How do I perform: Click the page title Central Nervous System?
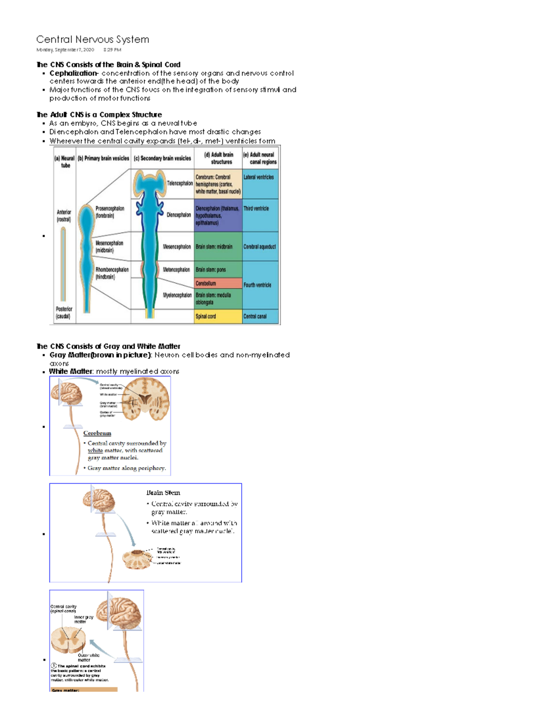click(x=93, y=40)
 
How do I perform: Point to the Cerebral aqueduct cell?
click(x=259, y=247)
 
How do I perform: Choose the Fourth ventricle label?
click(x=257, y=285)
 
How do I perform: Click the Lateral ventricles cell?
click(x=259, y=177)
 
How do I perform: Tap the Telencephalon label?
click(x=180, y=183)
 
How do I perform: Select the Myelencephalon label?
click(x=177, y=295)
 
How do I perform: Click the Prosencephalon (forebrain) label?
click(x=110, y=212)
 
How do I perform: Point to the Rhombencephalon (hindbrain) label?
click(x=112, y=273)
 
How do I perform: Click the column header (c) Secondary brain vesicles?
click(x=162, y=159)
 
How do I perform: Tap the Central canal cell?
click(x=255, y=316)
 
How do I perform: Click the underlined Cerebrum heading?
click(x=97, y=433)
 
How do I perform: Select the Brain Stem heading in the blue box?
click(x=163, y=492)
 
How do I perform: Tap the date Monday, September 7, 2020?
click(x=65, y=50)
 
